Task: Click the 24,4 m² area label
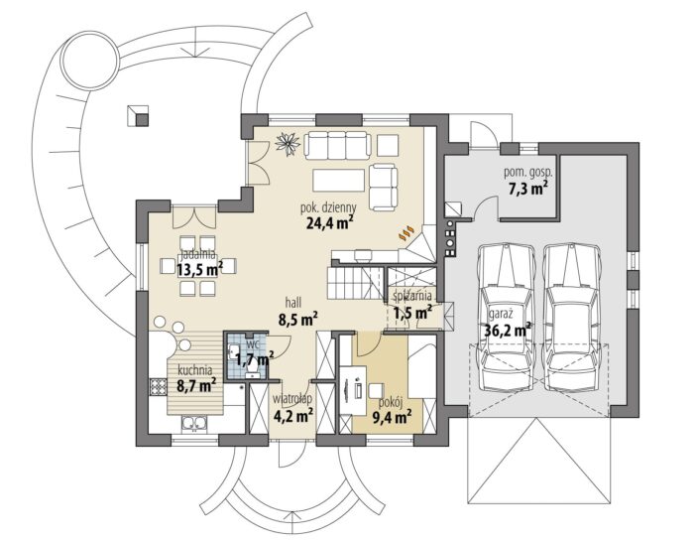coord(329,222)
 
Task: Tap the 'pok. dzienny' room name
coord(328,206)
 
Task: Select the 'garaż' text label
coord(501,315)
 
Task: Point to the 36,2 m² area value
coord(508,330)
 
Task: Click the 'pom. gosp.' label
coord(528,173)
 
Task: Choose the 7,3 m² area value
coord(528,188)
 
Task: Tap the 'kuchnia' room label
coord(194,369)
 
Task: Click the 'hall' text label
coord(293,303)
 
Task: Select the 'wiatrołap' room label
coord(292,399)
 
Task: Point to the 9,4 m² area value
coord(393,417)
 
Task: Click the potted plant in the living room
coord(288,143)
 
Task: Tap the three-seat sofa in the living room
coord(337,144)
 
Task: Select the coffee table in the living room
coord(339,180)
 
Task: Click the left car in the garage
coord(506,317)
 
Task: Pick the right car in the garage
coord(571,317)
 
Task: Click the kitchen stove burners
coord(158,386)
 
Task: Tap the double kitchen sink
coord(194,424)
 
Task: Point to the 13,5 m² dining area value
coord(199,269)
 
